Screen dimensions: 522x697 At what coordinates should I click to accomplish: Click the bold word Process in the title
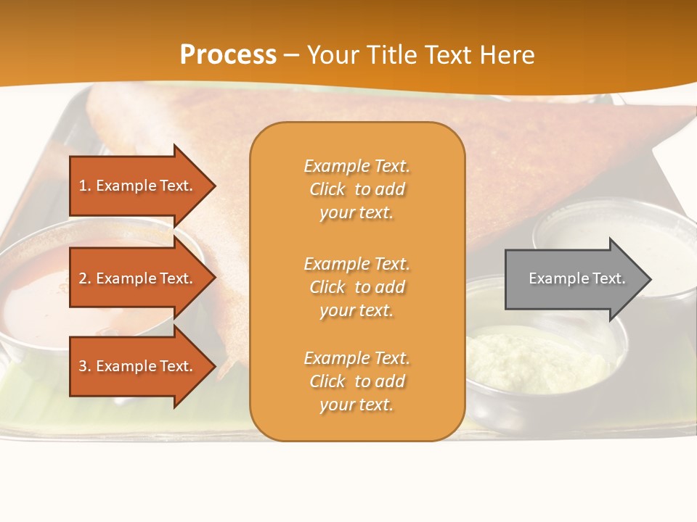(x=228, y=55)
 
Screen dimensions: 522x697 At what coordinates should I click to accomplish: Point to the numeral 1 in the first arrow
(x=83, y=186)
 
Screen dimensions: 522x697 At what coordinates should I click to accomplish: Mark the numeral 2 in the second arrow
(x=83, y=278)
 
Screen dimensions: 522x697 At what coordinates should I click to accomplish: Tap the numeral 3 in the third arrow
(x=83, y=366)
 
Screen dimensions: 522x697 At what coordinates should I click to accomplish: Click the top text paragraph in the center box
(x=356, y=189)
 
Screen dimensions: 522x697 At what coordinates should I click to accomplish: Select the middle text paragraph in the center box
(x=356, y=287)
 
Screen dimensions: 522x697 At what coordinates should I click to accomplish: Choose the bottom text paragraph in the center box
(x=356, y=381)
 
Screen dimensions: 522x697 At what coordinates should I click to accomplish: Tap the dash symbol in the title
(x=291, y=55)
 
